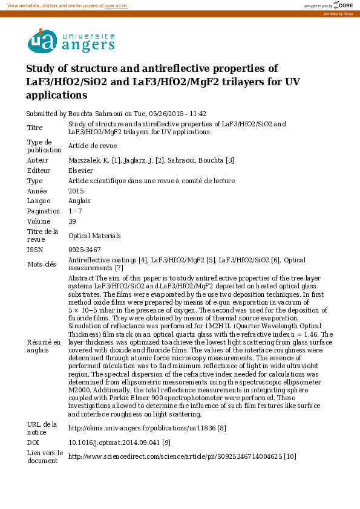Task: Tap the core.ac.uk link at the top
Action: click(117, 5)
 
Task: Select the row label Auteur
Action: click(38, 160)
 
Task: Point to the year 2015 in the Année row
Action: click(76, 191)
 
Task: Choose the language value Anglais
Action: click(80, 201)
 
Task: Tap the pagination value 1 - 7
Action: click(76, 212)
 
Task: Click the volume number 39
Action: click(72, 222)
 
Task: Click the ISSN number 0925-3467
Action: click(84, 250)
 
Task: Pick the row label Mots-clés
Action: click(41, 264)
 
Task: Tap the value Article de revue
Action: click(93, 146)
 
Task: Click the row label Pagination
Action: click(44, 212)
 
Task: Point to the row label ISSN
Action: click(35, 250)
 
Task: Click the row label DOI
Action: click(34, 443)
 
